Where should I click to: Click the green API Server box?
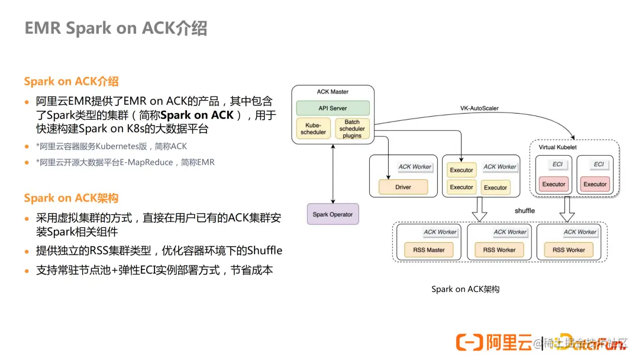(333, 108)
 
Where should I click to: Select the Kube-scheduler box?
(313, 128)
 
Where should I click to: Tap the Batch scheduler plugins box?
(352, 128)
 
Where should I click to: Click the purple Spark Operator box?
(333, 214)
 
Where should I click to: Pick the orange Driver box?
(403, 187)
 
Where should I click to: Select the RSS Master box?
(429, 249)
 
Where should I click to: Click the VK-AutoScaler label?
(479, 108)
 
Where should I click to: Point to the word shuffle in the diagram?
(524, 211)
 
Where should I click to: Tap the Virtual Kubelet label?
(557, 147)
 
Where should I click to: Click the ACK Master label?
(333, 92)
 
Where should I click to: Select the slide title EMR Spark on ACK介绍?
(116, 28)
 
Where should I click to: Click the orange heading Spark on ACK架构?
(71, 198)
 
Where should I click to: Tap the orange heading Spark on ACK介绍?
(71, 81)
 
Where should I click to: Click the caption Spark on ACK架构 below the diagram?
(465, 289)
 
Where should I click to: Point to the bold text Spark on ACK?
(197, 115)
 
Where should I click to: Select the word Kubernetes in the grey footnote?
(120, 146)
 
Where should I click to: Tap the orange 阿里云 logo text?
(508, 342)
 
